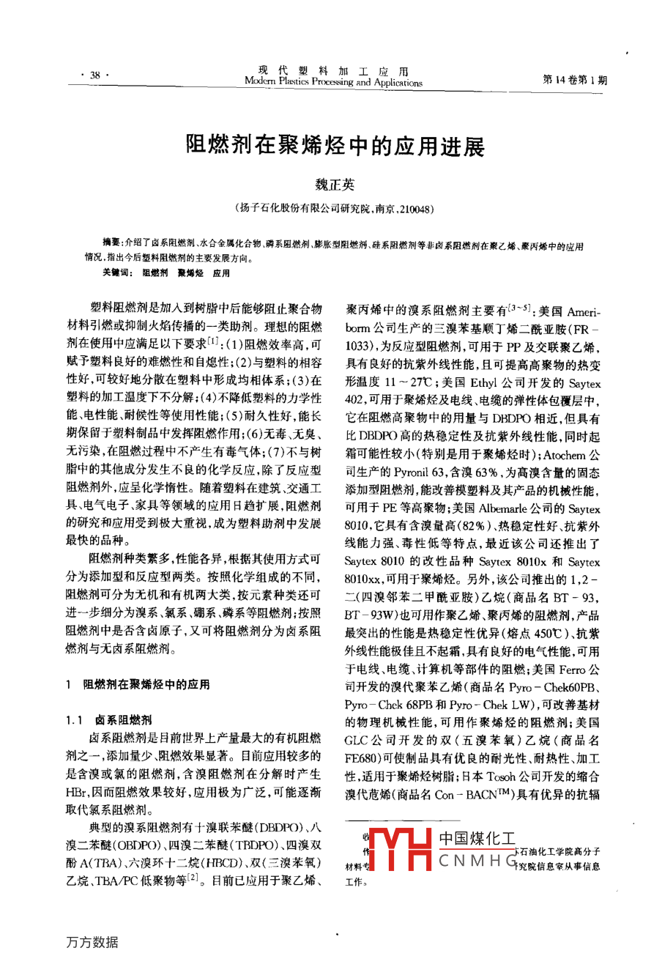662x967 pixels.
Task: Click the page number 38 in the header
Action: click(x=94, y=75)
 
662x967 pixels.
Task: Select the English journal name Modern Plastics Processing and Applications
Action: click(x=333, y=83)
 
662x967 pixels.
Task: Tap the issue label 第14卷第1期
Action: click(x=574, y=80)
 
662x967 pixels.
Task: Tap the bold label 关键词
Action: click(x=117, y=273)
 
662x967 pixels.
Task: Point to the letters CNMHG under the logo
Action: click(x=478, y=861)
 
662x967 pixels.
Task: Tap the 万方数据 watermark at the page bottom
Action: click(x=92, y=942)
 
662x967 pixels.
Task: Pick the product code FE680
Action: click(x=362, y=759)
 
